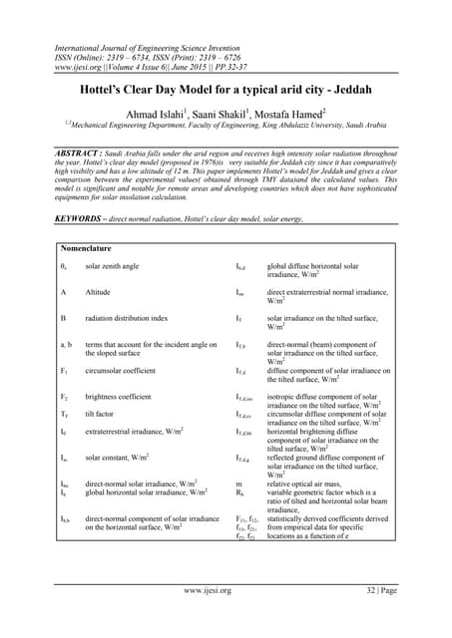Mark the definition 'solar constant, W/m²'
click(117, 458)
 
